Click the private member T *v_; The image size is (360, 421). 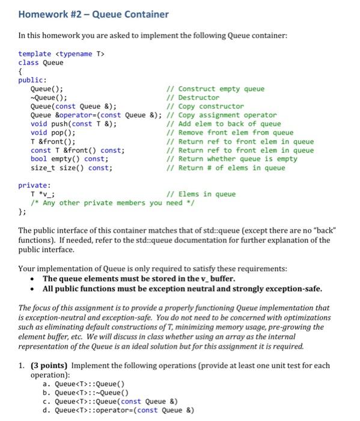coord(38,194)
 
